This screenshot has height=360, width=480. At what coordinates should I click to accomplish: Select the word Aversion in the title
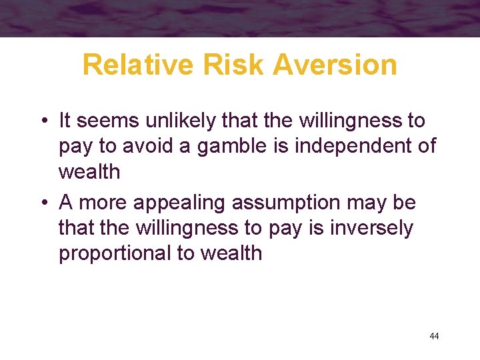[x=337, y=65]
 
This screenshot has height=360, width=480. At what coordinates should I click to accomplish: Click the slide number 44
[x=434, y=336]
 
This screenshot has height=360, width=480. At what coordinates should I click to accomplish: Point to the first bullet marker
[x=43, y=121]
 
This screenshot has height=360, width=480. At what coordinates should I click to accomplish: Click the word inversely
[x=370, y=228]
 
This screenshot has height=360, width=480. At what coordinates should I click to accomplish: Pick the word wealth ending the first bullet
[x=89, y=172]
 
